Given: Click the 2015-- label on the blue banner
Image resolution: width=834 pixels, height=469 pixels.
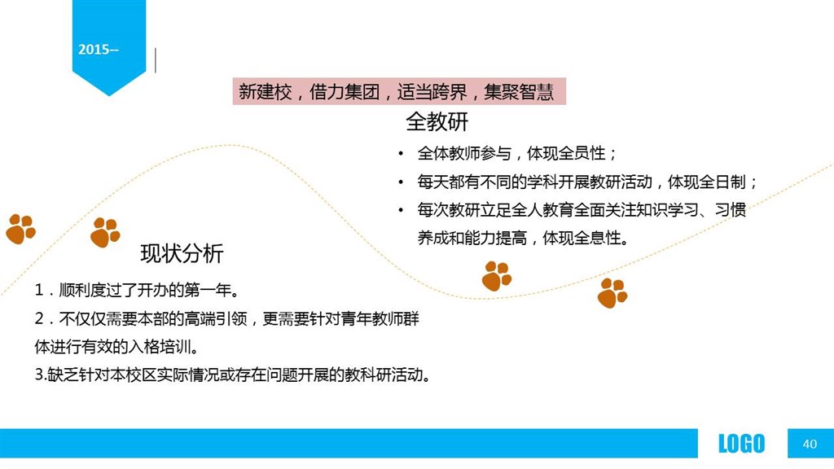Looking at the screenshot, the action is (x=99, y=50).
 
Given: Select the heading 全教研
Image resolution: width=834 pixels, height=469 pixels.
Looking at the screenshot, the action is (x=437, y=122).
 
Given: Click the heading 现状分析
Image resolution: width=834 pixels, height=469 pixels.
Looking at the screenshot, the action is (x=182, y=253).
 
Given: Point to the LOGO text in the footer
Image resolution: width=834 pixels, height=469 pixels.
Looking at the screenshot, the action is (x=741, y=444).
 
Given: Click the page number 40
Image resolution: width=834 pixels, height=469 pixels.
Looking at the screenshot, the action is (x=810, y=444).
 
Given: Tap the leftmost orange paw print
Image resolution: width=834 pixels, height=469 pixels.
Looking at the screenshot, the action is (x=20, y=229).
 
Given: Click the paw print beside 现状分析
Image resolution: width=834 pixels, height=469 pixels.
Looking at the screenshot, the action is (x=105, y=232).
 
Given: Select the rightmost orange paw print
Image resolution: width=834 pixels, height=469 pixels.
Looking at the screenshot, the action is (x=612, y=293).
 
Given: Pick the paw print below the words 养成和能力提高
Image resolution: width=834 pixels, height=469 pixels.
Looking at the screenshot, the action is (x=496, y=276).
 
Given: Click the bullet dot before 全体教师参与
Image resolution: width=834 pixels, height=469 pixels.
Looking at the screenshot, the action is (x=401, y=154).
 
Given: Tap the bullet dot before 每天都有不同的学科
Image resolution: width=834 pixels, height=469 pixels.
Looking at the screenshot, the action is (x=401, y=182).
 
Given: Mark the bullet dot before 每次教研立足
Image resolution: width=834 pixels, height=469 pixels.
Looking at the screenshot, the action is (x=401, y=210).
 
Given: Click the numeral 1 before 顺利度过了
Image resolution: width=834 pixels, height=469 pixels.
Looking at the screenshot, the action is (x=38, y=290).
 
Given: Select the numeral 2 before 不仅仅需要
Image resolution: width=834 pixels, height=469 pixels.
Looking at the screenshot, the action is (x=39, y=318).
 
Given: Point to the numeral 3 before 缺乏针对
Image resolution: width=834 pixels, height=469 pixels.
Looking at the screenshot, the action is (x=39, y=375).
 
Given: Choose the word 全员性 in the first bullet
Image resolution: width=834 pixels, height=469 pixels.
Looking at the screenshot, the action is (x=582, y=154).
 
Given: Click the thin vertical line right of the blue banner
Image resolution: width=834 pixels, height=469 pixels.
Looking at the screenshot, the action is (x=156, y=60).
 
